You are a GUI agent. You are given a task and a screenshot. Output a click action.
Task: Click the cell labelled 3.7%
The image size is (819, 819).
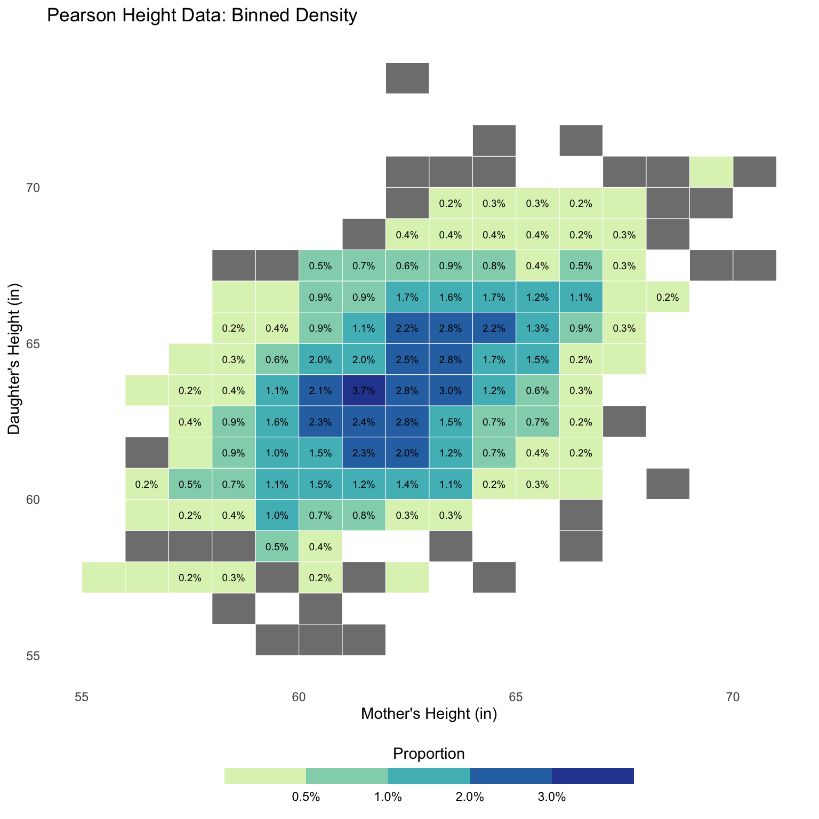(x=364, y=390)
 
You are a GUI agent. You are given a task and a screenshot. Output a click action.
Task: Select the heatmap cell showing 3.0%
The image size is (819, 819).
(x=451, y=390)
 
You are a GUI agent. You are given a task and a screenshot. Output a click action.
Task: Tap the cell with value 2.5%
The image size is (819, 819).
(x=407, y=359)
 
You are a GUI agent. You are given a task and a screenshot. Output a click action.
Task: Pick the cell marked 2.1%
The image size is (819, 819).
(x=320, y=390)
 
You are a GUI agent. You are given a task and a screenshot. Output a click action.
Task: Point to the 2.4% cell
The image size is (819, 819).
(x=364, y=422)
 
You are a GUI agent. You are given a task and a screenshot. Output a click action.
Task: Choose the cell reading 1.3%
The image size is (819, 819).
(x=537, y=328)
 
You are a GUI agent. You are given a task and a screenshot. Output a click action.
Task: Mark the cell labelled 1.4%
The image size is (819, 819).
(x=407, y=484)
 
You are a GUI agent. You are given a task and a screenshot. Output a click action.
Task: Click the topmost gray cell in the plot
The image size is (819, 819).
(x=407, y=78)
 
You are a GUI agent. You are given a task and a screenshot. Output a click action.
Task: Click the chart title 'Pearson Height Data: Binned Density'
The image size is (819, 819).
(x=202, y=16)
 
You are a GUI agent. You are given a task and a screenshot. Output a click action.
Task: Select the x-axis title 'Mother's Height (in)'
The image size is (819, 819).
(x=429, y=713)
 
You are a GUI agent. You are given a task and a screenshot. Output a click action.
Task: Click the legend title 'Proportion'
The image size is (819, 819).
(x=429, y=753)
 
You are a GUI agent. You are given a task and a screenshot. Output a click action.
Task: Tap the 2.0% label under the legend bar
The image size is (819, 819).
(x=470, y=798)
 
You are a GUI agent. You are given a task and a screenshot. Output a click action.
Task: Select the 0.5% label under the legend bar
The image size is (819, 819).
(x=306, y=798)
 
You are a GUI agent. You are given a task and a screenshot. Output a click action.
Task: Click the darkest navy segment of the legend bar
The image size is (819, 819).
(x=593, y=776)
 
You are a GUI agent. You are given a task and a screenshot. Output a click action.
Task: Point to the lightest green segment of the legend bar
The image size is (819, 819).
(x=265, y=776)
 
